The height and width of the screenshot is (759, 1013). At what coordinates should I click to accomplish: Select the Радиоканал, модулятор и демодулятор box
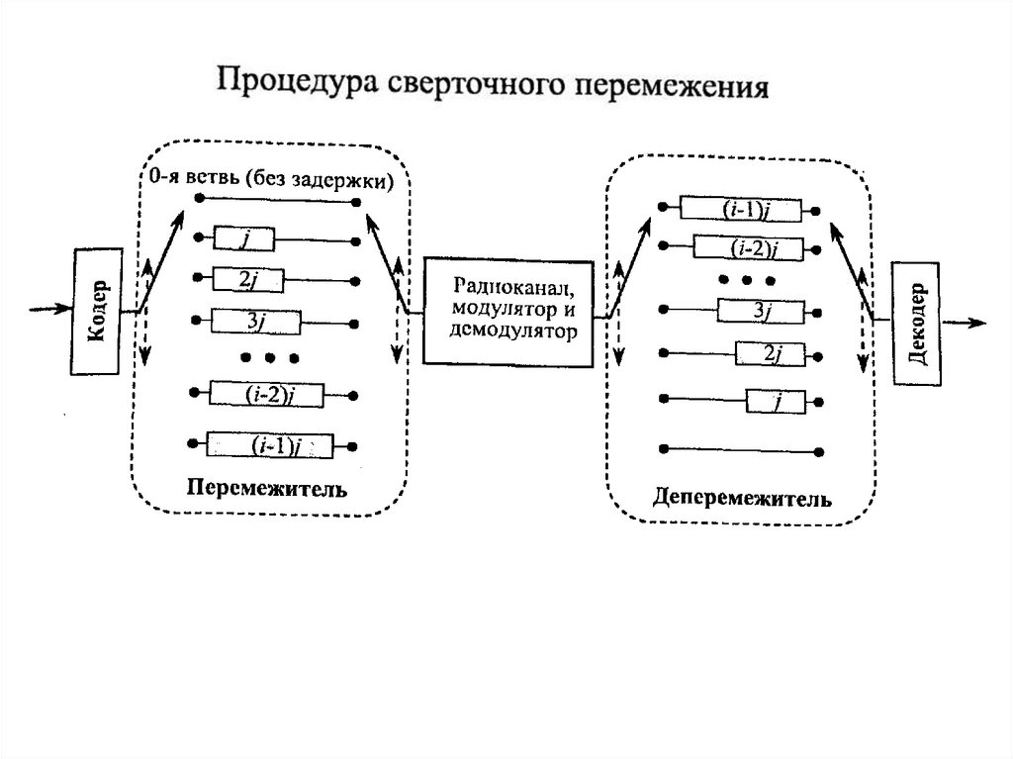[508, 310]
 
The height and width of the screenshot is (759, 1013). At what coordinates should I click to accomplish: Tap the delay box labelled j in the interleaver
[243, 239]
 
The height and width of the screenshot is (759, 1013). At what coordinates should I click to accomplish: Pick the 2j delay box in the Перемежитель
[248, 280]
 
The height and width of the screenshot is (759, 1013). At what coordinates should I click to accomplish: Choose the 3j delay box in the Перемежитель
[255, 322]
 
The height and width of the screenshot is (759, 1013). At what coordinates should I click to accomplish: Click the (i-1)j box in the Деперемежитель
[737, 209]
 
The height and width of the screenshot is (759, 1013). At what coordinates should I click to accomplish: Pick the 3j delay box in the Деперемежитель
[760, 311]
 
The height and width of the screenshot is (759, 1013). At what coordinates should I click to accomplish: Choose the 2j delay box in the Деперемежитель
[771, 353]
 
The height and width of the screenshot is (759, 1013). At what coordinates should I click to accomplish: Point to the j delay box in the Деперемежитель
[777, 401]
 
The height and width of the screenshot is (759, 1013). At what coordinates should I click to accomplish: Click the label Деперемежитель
[741, 495]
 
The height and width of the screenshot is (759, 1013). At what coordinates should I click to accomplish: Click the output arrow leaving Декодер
[964, 323]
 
